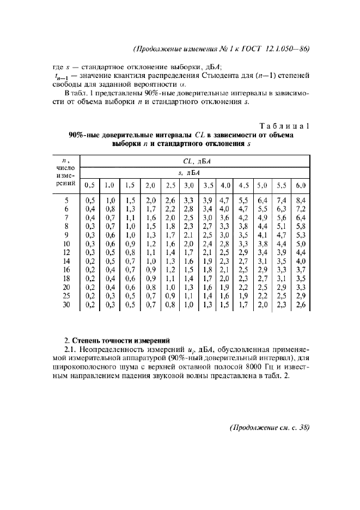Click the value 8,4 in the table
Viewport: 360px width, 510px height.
coord(301,201)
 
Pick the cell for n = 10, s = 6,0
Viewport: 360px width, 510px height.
coord(301,243)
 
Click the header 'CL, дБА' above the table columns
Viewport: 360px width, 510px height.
coord(196,161)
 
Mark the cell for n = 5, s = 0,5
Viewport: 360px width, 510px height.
coord(90,201)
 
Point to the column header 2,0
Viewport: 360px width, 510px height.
coord(150,185)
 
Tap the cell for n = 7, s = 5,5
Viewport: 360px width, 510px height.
coord(282,217)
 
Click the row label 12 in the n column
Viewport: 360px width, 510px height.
coord(66,252)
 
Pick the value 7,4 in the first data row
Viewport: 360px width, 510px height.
coord(282,201)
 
